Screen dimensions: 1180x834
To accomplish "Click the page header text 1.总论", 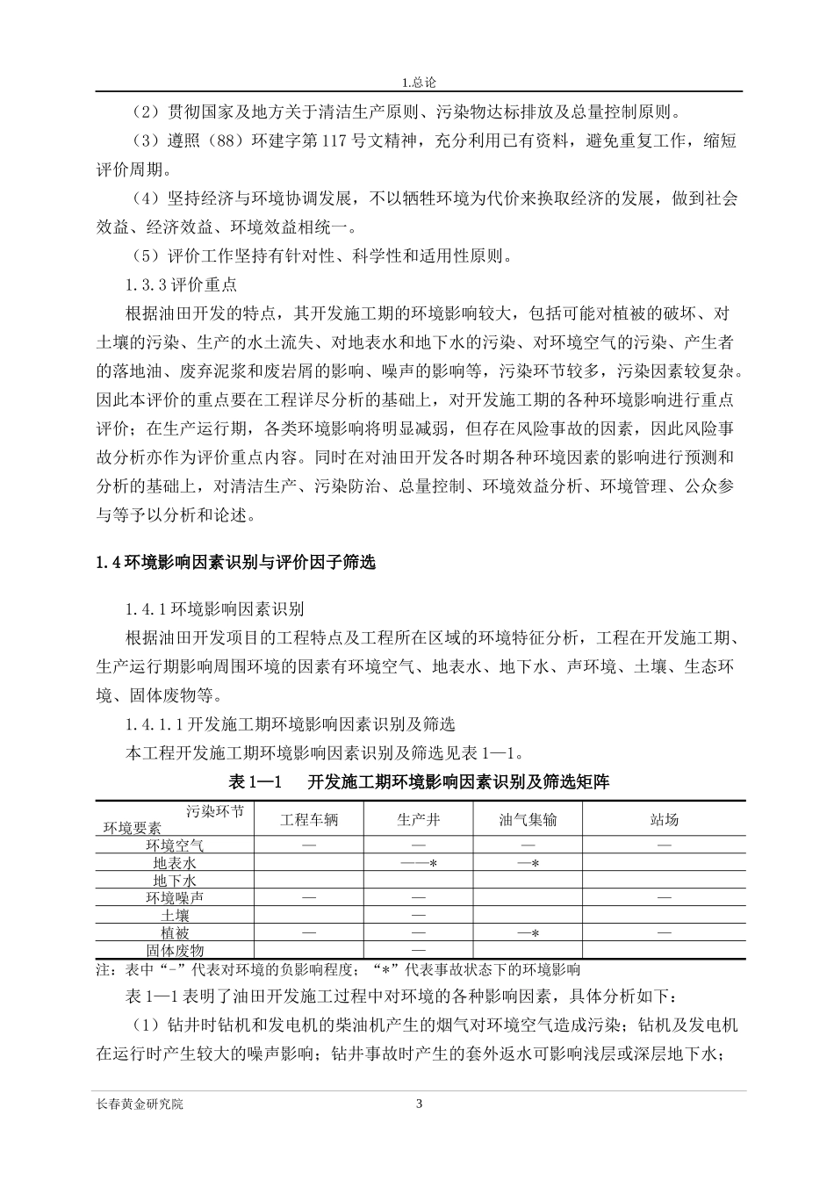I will (x=418, y=83).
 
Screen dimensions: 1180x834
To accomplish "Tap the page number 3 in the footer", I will (x=419, y=1104).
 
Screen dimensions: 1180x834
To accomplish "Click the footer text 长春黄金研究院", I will (x=140, y=1104).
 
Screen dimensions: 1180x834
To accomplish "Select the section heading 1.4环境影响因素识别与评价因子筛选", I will (x=235, y=563).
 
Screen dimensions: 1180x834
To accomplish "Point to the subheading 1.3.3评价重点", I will (x=182, y=285).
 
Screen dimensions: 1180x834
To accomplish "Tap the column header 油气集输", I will (x=528, y=820).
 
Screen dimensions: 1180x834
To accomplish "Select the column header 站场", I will (x=664, y=820).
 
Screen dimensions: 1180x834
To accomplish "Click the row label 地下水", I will (x=175, y=880).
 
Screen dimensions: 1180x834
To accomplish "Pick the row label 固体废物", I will (x=175, y=950).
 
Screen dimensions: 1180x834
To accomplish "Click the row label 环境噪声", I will (x=175, y=897).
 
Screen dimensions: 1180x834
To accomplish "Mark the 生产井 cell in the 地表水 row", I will (x=418, y=863).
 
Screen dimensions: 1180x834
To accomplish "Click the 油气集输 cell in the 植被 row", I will (x=528, y=932).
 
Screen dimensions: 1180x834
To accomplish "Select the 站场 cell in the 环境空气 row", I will (x=664, y=845).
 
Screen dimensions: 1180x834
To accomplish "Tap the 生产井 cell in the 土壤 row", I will (x=418, y=915).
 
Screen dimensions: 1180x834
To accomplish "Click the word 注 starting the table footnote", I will (x=102, y=970).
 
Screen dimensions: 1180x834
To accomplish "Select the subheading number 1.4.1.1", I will (x=154, y=724).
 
